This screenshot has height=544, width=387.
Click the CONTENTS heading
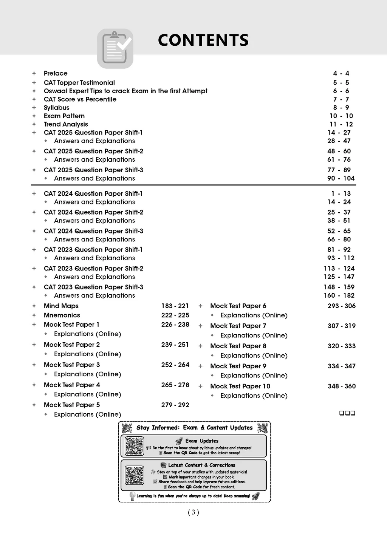pos(203,40)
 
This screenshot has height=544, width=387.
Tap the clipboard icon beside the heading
pos(115,48)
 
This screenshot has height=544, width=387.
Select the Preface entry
pos(56,73)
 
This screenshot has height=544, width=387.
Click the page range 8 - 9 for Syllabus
pos(341,108)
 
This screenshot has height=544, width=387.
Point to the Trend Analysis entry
pos(66,124)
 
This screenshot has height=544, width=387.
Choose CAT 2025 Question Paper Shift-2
pos(93,151)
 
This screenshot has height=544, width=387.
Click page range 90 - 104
pos(341,178)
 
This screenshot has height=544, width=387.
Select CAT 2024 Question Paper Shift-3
pos(93,231)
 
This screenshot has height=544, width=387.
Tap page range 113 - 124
pos(339,269)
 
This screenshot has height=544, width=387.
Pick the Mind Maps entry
pos(61,306)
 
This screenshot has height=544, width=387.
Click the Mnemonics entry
pos(62,315)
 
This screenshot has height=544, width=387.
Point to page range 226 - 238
pos(175,325)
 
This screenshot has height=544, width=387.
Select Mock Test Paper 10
pos(240,386)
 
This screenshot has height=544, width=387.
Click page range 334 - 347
pos(342,366)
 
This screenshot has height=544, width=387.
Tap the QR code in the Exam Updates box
pos(135,446)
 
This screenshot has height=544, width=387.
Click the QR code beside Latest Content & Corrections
pos(135,475)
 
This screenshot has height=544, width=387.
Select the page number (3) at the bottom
pos(193,512)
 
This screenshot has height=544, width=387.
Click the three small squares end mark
pos(347,413)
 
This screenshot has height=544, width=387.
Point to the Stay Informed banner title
pos(194,428)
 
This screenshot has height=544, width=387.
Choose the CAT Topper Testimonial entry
pos(79,83)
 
